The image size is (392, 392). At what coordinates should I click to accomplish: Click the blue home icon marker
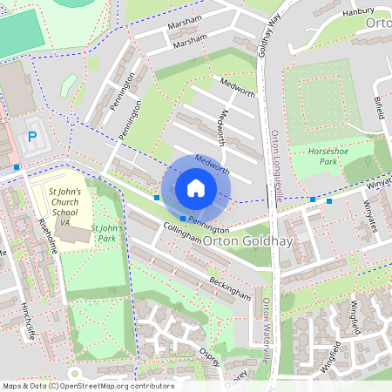[x=196, y=187]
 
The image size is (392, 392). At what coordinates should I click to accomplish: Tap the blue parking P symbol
[x=32, y=137]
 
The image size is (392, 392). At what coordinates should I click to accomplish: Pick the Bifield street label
[x=379, y=110]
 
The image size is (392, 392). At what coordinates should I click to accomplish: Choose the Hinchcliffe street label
[x=27, y=322]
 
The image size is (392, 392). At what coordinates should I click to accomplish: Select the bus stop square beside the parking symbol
[x=17, y=166]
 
